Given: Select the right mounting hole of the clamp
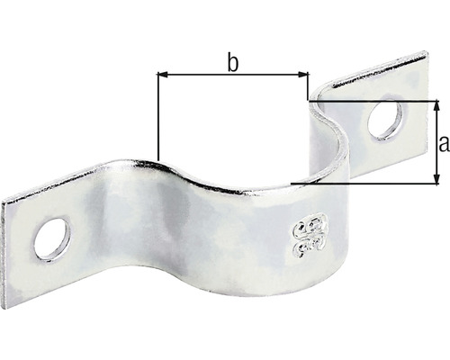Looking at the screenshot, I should click(385, 121).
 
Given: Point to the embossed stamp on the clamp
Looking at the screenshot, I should click(305, 231).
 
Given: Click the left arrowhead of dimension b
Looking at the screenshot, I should click(162, 76).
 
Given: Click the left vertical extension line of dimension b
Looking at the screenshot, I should click(157, 117).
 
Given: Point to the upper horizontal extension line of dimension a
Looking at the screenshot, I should click(378, 100).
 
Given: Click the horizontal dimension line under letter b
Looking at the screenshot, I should click(232, 76).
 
